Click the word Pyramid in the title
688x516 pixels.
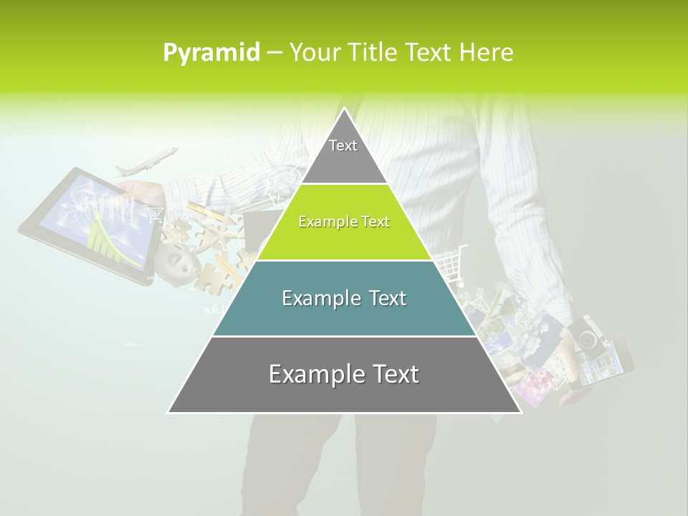(x=211, y=53)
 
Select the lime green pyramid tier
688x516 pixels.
(x=344, y=222)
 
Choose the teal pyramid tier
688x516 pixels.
(x=344, y=298)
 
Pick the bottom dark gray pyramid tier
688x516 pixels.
(x=344, y=375)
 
